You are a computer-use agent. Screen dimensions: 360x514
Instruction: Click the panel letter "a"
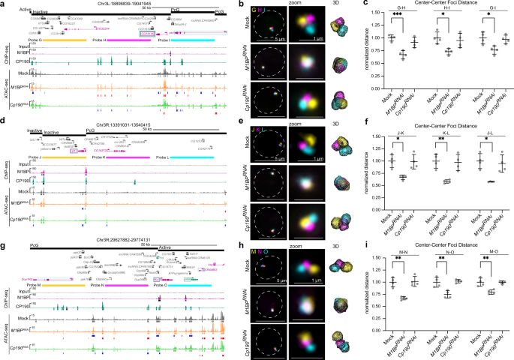click(3, 4)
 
